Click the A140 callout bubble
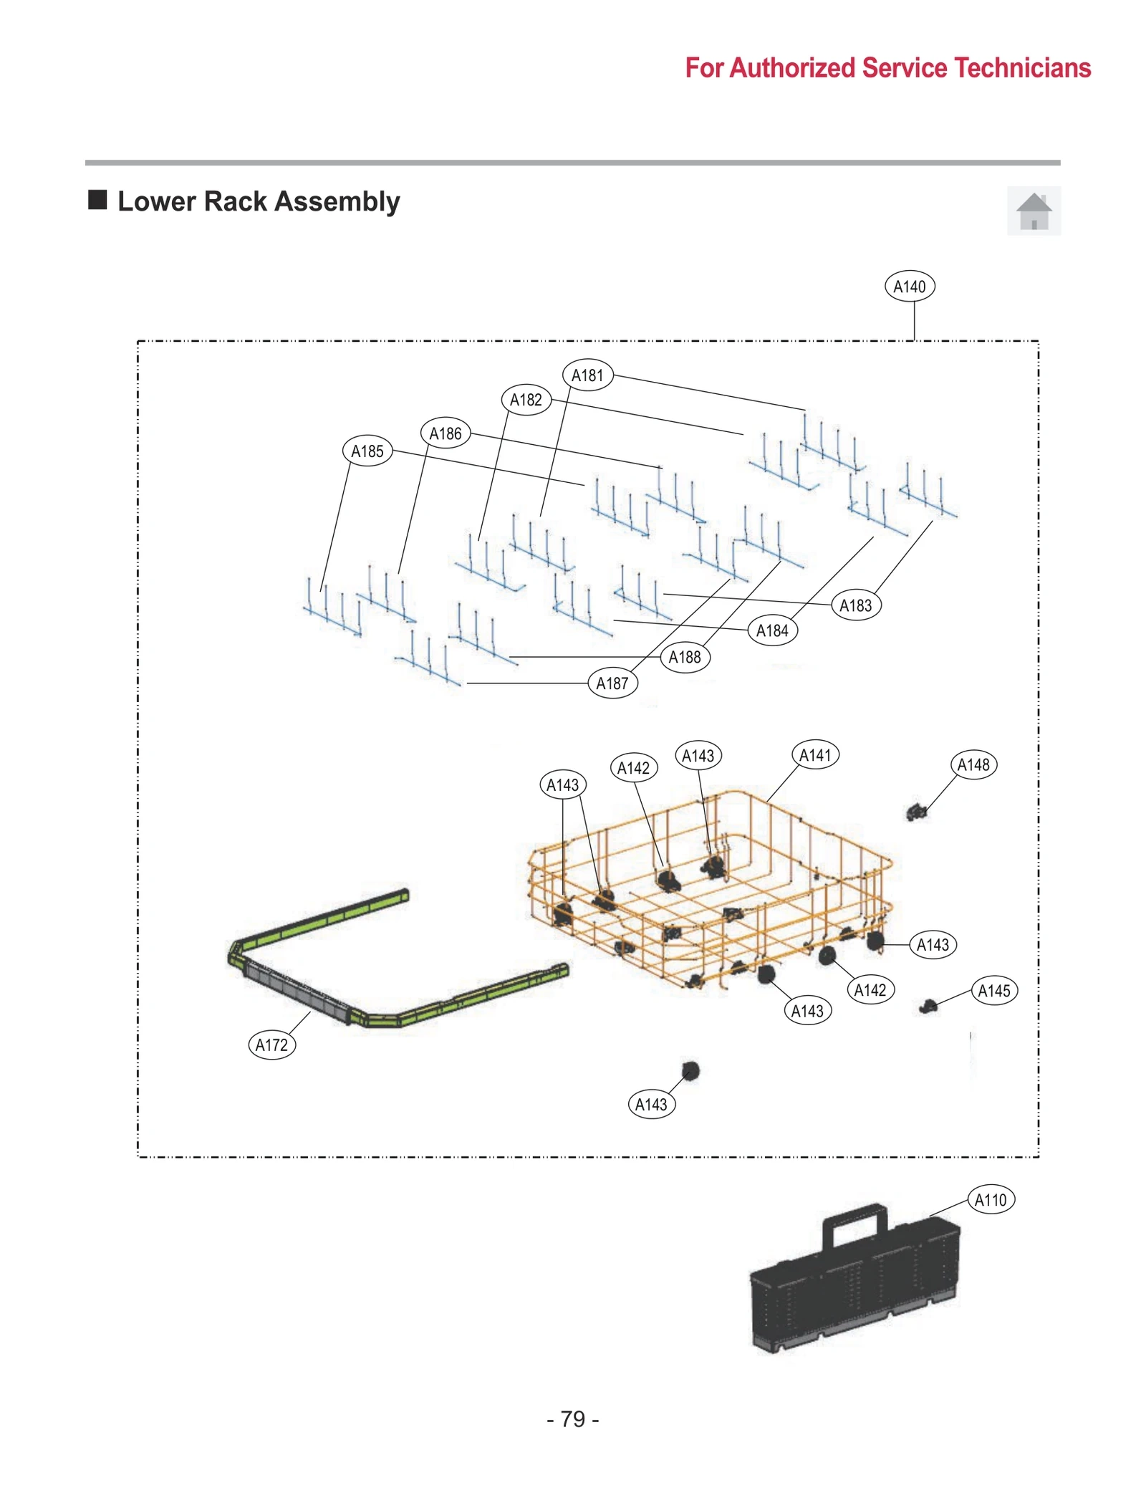click(909, 287)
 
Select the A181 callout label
click(587, 375)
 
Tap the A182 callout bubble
click(526, 400)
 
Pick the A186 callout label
click(445, 433)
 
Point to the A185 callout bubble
click(367, 451)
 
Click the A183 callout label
click(855, 605)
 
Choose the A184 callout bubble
click(771, 630)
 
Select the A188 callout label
click(684, 657)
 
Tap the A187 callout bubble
click(612, 683)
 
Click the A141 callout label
click(815, 755)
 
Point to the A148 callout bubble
click(973, 764)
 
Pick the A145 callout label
click(993, 991)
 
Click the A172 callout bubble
click(271, 1045)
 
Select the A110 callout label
click(990, 1199)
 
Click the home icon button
click(1033, 211)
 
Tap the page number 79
click(572, 1418)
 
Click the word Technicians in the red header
click(1022, 68)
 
